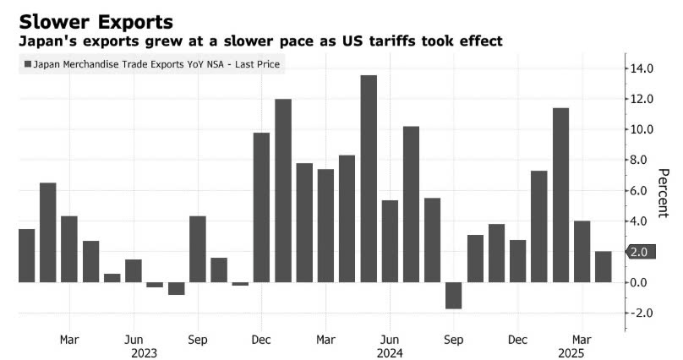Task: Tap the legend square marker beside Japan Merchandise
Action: click(30, 63)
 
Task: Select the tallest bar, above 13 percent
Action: click(369, 178)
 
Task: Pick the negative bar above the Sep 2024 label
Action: click(454, 295)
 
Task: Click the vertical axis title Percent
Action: click(664, 191)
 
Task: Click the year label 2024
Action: click(390, 354)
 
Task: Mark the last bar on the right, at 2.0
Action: click(603, 266)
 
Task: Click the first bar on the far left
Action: click(27, 255)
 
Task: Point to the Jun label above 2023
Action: click(134, 340)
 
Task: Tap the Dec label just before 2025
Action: click(518, 340)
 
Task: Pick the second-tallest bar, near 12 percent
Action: click(283, 190)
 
